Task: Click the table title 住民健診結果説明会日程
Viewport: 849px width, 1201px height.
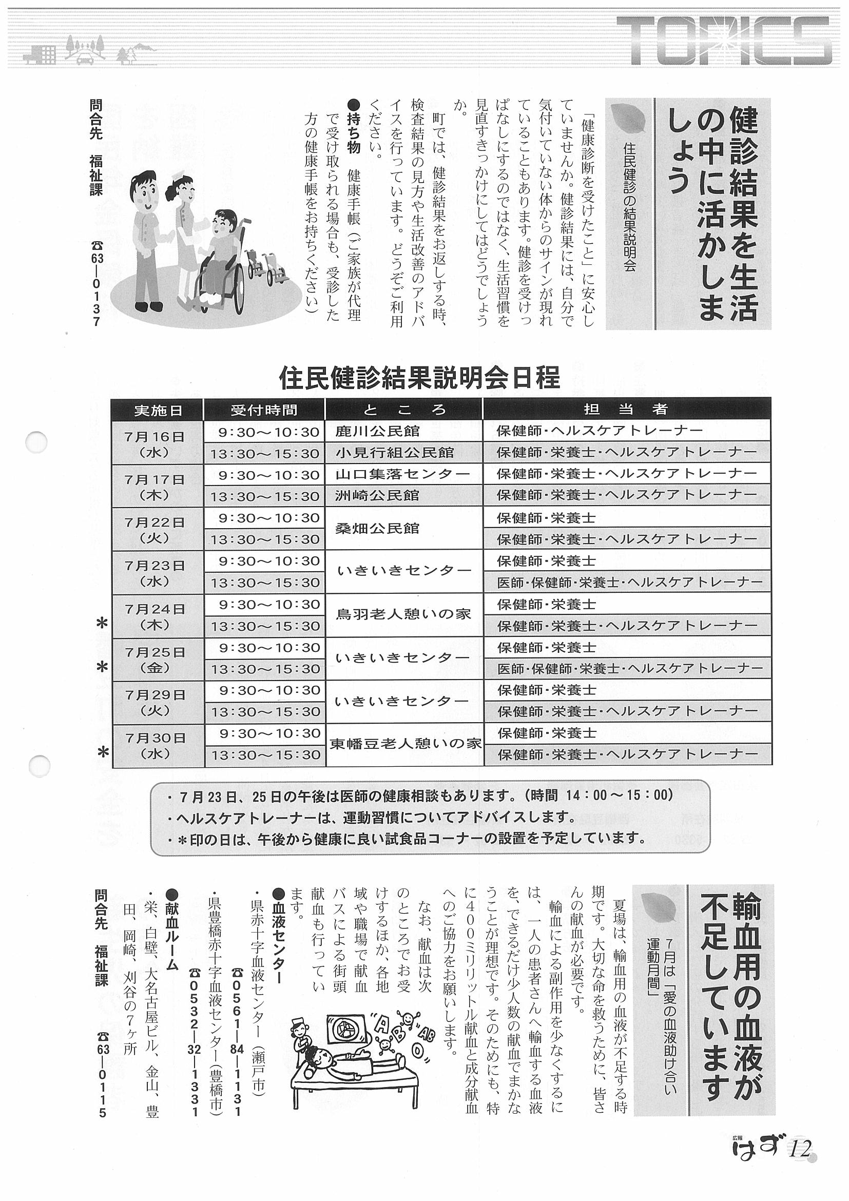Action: coord(419,377)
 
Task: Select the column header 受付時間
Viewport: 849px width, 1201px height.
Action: coord(264,410)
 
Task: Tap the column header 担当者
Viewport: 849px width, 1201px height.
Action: coord(626,409)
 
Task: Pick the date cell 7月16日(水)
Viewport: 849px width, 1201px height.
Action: coord(156,443)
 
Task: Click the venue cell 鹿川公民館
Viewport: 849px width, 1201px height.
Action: coord(378,432)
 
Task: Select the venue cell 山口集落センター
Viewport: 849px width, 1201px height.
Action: coord(402,474)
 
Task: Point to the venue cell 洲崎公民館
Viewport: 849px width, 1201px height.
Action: coord(378,495)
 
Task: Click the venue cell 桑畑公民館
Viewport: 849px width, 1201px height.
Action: coord(378,528)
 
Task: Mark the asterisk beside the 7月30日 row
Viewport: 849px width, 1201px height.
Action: coord(103,753)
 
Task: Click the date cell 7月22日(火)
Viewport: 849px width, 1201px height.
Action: coord(156,529)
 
